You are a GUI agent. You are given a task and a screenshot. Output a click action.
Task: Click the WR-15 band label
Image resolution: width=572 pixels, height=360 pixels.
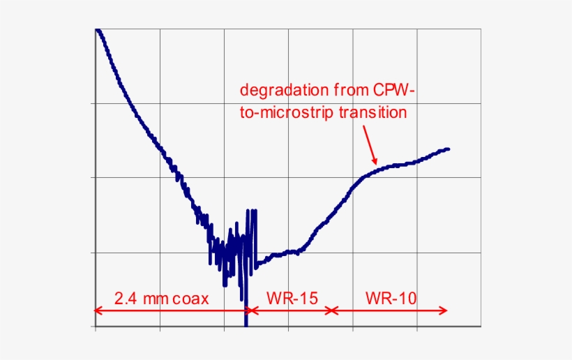(292, 299)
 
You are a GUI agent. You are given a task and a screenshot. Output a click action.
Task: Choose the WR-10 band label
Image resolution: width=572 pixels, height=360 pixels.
(391, 299)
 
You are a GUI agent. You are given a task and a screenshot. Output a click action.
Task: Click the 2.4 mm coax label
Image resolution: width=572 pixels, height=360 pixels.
(161, 299)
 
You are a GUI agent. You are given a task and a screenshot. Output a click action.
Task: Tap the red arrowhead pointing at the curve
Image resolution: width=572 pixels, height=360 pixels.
(375, 161)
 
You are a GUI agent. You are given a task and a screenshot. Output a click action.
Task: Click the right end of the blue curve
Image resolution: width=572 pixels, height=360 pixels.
(448, 149)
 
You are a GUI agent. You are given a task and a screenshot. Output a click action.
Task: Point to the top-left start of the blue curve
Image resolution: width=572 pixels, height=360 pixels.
(97, 30)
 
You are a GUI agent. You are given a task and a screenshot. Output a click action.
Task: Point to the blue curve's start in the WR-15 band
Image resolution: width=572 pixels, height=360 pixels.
(257, 264)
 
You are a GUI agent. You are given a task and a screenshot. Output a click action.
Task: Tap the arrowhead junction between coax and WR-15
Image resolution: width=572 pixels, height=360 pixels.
(247, 310)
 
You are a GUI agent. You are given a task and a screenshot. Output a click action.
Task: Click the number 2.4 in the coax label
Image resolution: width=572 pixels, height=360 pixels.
(125, 299)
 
